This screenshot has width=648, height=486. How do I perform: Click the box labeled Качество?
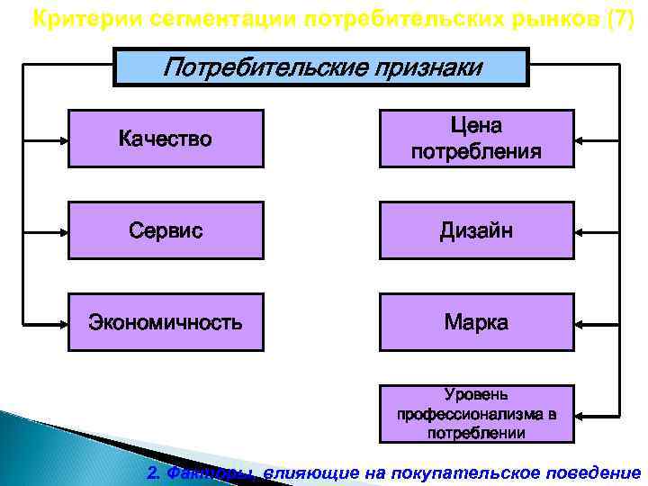[x=166, y=139]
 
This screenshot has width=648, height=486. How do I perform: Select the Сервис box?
[x=166, y=230]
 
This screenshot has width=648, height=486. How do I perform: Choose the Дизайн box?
[x=476, y=230]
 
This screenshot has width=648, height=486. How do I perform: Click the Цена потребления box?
[x=476, y=139]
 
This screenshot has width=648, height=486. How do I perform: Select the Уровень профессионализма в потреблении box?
[x=476, y=414]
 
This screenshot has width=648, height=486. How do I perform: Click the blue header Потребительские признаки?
[x=320, y=67]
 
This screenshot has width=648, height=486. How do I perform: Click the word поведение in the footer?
[x=594, y=473]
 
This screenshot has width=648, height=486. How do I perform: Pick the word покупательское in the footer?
[x=472, y=473]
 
